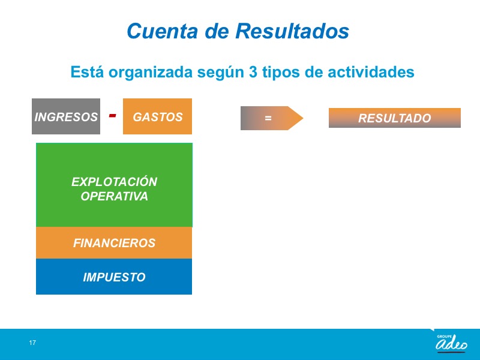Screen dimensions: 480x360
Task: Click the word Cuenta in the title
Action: tap(162, 31)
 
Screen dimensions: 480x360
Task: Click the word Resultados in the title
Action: tap(292, 31)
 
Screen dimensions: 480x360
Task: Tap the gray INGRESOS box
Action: tap(66, 116)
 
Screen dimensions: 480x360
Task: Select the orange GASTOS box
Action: tap(157, 116)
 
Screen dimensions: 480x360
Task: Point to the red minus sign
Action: tap(112, 115)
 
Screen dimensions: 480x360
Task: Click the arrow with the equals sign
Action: tap(272, 118)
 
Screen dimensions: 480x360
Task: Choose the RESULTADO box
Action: tap(395, 118)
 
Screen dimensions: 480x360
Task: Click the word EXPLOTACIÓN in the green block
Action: tap(114, 182)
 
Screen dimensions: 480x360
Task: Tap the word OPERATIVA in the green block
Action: tap(114, 196)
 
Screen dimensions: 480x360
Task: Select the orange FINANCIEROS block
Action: tap(114, 243)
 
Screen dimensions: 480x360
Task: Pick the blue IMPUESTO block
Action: tap(114, 277)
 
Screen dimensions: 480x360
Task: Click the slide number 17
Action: tap(32, 343)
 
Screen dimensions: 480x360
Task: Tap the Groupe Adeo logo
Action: tap(451, 343)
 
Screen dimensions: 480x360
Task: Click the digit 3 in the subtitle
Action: tap(253, 72)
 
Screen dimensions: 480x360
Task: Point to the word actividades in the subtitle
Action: tap(371, 72)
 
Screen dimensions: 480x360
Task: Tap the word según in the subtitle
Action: tap(221, 73)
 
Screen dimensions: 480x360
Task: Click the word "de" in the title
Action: tap(217, 31)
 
